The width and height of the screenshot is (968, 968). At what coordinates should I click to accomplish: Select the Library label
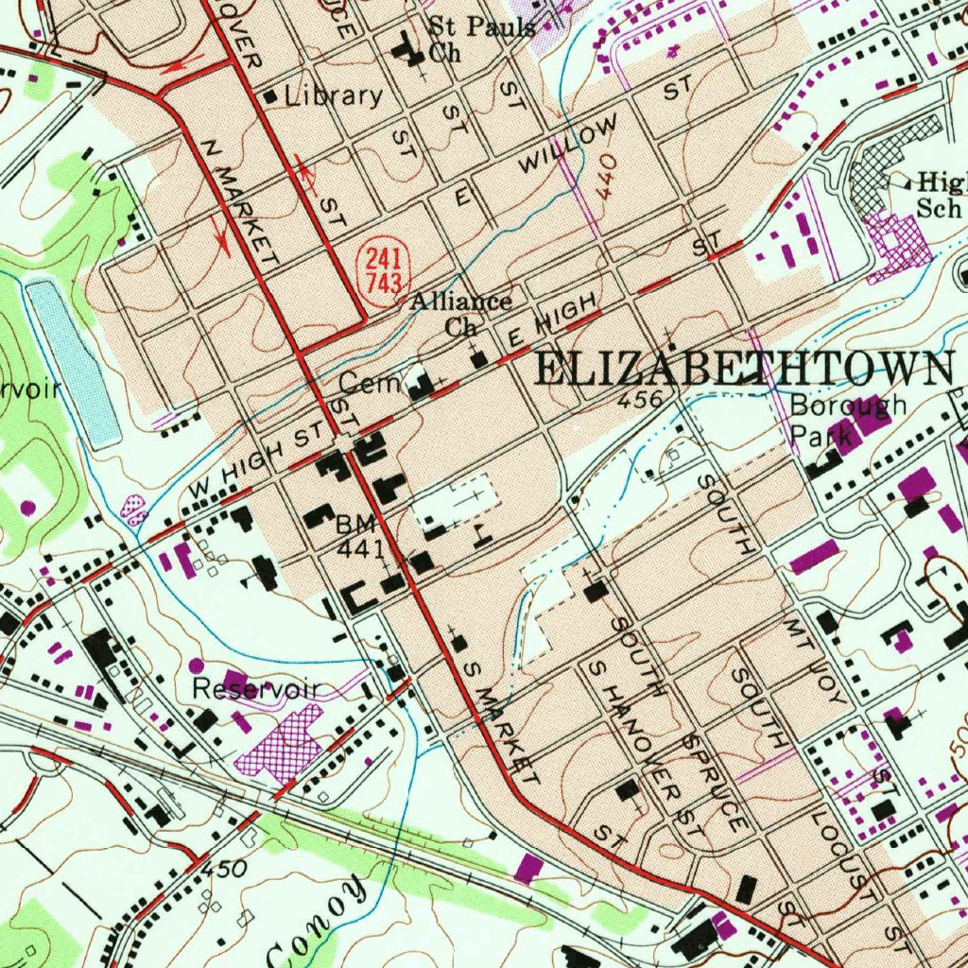click(x=334, y=95)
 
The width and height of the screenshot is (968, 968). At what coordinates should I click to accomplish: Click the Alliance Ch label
click(x=461, y=314)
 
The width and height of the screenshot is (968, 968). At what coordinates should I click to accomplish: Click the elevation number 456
click(x=639, y=401)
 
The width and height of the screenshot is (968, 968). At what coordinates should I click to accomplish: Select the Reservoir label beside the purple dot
click(x=254, y=689)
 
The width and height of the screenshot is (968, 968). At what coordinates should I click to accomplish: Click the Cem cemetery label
click(x=358, y=384)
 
